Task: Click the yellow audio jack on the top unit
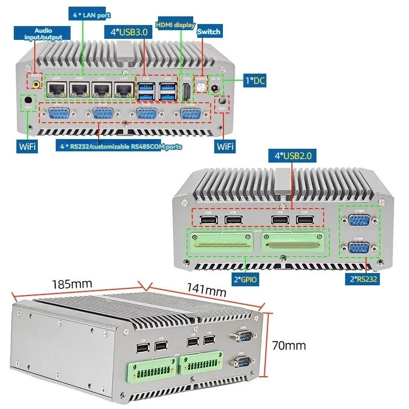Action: (x=36, y=84)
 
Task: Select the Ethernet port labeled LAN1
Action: (x=124, y=89)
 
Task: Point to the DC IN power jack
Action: (x=215, y=88)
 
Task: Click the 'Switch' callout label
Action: (x=209, y=32)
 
